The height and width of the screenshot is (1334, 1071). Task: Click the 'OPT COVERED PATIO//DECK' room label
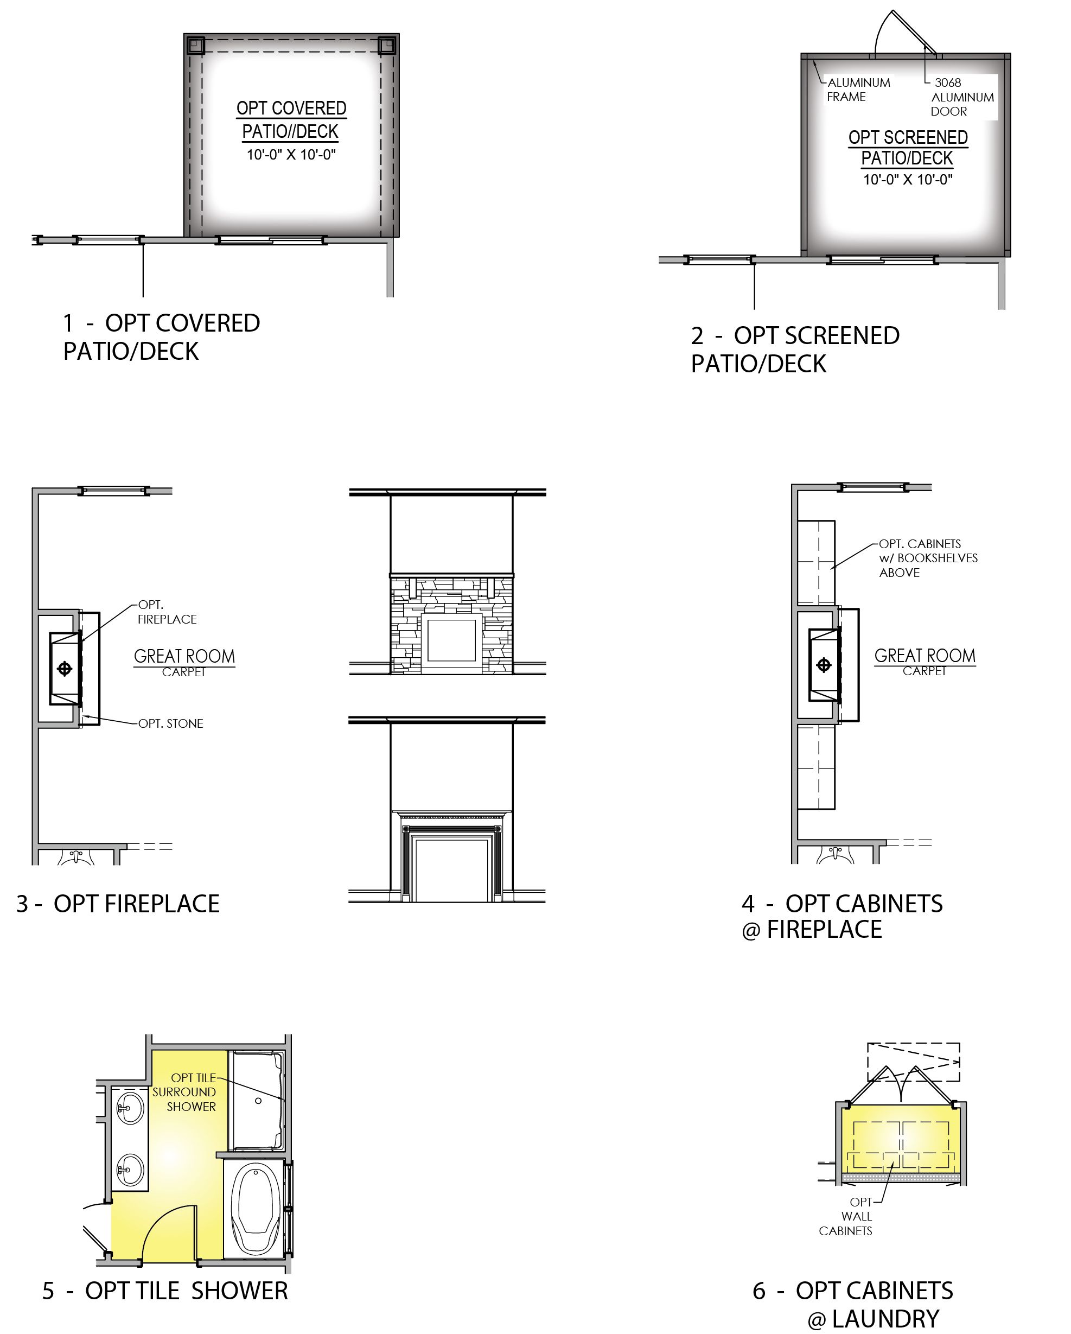[x=291, y=119]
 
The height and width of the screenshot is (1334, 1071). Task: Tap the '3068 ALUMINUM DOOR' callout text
[x=962, y=97]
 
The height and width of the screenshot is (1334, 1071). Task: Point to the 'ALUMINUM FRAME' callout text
[x=858, y=90]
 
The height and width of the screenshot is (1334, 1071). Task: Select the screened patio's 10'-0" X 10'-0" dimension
[x=908, y=180]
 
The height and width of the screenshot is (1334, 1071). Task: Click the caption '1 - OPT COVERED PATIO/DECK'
[x=162, y=336]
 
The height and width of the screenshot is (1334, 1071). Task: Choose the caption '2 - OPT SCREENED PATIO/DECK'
[x=795, y=350]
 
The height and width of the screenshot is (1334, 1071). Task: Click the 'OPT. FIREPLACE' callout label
[x=167, y=612]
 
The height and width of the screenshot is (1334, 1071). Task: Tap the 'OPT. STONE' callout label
[x=171, y=723]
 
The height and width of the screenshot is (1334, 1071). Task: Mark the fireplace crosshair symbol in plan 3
[x=65, y=668]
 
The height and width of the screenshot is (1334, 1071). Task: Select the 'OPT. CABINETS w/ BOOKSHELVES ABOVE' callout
[x=928, y=558]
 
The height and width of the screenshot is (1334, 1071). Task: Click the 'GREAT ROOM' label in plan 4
[x=925, y=656]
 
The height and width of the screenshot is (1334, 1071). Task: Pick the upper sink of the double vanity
[x=130, y=1108]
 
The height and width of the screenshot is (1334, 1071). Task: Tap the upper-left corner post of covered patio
[x=195, y=46]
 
